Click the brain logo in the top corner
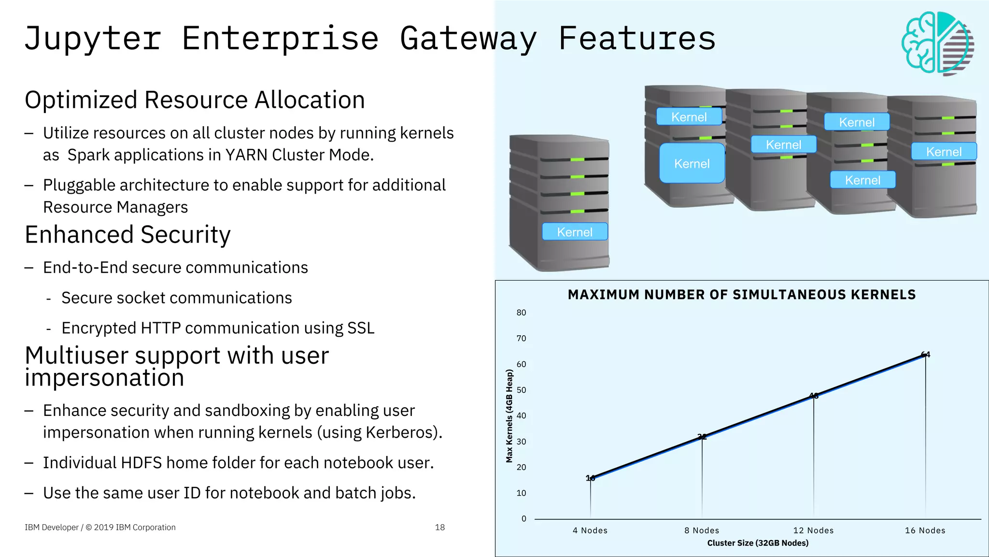(937, 43)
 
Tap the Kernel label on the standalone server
(574, 232)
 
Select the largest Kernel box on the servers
(692, 163)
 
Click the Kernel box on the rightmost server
(944, 152)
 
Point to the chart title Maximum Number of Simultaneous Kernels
(741, 295)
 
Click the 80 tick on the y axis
(521, 313)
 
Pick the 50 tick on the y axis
(521, 390)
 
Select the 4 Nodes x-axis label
(590, 530)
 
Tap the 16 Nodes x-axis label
(925, 530)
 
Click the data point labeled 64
(925, 355)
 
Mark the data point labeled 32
(702, 437)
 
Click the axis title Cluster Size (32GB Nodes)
(757, 543)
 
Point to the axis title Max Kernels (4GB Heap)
(509, 415)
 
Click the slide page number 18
(439, 528)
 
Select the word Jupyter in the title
(92, 39)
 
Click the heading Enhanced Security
(127, 235)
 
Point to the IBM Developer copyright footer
(100, 528)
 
